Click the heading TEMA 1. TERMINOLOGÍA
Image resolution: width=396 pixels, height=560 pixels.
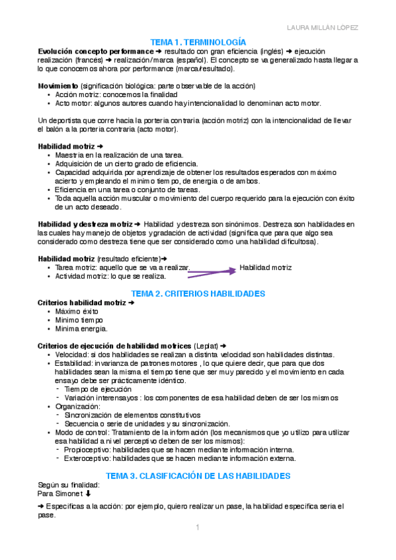pyautogui.click(x=198, y=41)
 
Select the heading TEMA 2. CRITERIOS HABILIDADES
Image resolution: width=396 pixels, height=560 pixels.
pyautogui.click(x=198, y=293)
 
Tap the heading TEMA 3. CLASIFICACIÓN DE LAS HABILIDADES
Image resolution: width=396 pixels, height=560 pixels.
pyautogui.click(x=198, y=475)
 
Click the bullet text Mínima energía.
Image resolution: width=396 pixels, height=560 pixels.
pyautogui.click(x=81, y=328)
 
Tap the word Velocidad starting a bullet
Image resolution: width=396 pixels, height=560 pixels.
pyautogui.click(x=71, y=354)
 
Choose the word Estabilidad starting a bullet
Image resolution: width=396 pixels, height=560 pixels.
pyautogui.click(x=73, y=363)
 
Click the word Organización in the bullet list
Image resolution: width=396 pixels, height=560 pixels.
pyautogui.click(x=77, y=406)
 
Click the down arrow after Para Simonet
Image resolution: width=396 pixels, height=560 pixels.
pyautogui.click(x=89, y=493)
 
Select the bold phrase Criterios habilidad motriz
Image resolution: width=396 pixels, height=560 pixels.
pyautogui.click(x=82, y=302)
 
